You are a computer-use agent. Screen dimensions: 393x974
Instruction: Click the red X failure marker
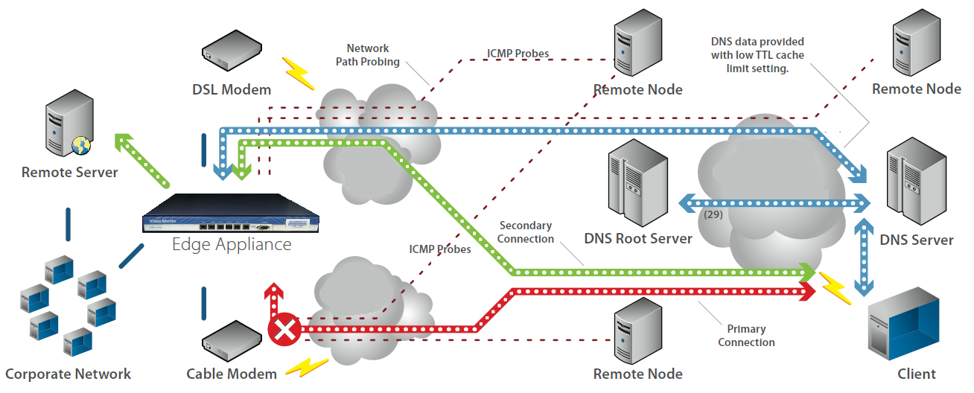coord(283,330)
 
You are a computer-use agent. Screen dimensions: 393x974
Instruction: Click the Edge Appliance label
coord(232,244)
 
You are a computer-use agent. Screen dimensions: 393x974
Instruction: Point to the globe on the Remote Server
coord(80,145)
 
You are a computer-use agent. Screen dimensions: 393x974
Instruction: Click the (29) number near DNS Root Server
coord(713,214)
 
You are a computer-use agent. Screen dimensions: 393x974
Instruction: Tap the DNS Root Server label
coord(638,239)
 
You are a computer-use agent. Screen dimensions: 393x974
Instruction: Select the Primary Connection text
coord(747,336)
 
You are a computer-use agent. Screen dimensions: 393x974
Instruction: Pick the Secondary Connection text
coord(526,232)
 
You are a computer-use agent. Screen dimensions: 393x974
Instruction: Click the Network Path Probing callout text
coord(368,55)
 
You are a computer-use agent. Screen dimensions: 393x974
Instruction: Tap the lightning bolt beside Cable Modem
coord(306,366)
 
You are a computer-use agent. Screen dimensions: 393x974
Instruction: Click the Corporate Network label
coord(68,374)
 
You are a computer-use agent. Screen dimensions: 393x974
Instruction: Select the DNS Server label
coord(917,240)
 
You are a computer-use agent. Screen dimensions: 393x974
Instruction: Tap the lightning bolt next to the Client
coord(835,288)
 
